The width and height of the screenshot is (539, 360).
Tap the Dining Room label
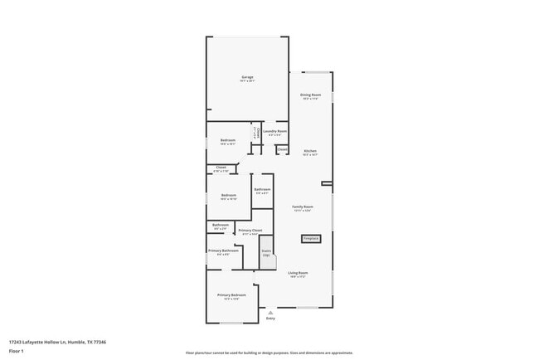click(x=311, y=96)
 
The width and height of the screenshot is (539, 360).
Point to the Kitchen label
click(x=310, y=152)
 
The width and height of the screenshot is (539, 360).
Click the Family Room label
click(x=302, y=207)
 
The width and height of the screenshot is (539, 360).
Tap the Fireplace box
click(x=311, y=239)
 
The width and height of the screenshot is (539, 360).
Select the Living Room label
click(x=298, y=274)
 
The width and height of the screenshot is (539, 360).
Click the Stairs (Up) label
click(x=267, y=253)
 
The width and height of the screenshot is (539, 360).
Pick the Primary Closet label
click(x=250, y=231)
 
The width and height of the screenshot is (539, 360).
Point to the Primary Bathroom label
click(x=223, y=251)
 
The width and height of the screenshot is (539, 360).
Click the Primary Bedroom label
click(x=231, y=296)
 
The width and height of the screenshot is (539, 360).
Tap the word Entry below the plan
click(x=270, y=319)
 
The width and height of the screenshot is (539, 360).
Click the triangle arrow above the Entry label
click(x=270, y=311)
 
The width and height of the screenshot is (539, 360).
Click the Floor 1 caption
click(x=16, y=350)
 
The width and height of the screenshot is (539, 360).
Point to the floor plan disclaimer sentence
click(x=269, y=353)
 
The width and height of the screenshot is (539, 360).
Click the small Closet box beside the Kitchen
click(x=283, y=149)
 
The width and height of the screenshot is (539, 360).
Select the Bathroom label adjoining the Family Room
click(x=262, y=191)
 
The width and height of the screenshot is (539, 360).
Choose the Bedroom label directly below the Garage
click(x=228, y=141)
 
